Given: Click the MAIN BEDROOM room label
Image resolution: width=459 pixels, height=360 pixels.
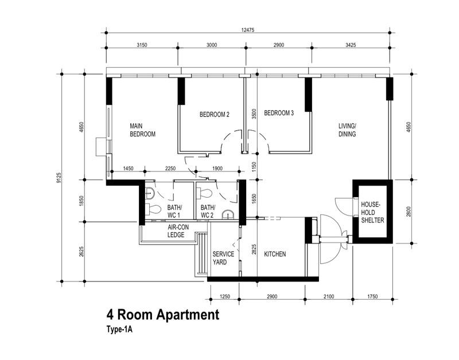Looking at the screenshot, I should click(x=143, y=130).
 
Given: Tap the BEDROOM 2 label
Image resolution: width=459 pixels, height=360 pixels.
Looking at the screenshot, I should click(x=214, y=115).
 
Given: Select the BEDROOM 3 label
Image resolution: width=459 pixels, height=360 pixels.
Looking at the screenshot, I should click(x=279, y=114).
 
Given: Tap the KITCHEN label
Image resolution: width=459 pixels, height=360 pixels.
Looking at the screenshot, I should click(x=274, y=255).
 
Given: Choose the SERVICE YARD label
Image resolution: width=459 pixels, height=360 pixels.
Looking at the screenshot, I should click(x=223, y=258).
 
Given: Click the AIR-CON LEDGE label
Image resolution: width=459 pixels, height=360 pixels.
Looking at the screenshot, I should click(x=179, y=231).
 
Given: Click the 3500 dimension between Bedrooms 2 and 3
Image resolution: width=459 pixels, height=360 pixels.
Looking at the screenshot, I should click(x=253, y=114).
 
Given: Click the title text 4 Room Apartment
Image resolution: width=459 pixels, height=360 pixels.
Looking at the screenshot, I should click(x=162, y=315).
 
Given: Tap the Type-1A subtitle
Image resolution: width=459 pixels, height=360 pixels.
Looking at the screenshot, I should click(x=119, y=330).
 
